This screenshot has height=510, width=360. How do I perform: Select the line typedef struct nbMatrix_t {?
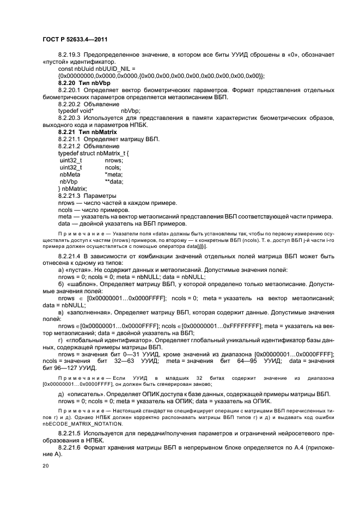[x=94, y=154]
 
